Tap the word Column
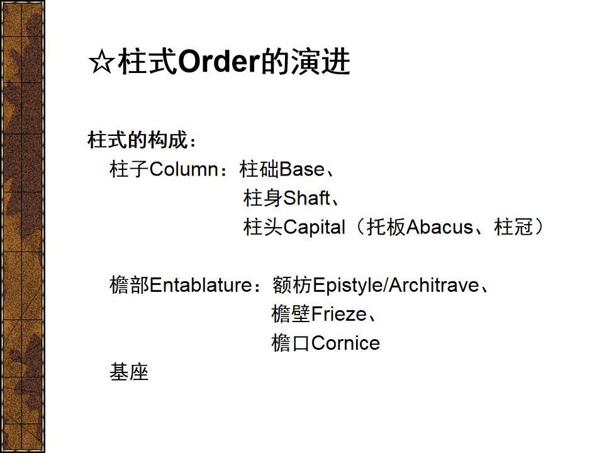pos(183,169)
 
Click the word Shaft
pos(306,198)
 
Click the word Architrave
pos(434,286)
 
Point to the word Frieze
pos(338,314)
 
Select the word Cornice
pos(345,344)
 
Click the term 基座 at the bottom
pos(129,372)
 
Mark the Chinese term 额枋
pos(292,286)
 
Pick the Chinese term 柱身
pos(263,198)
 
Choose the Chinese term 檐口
pos(291,344)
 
